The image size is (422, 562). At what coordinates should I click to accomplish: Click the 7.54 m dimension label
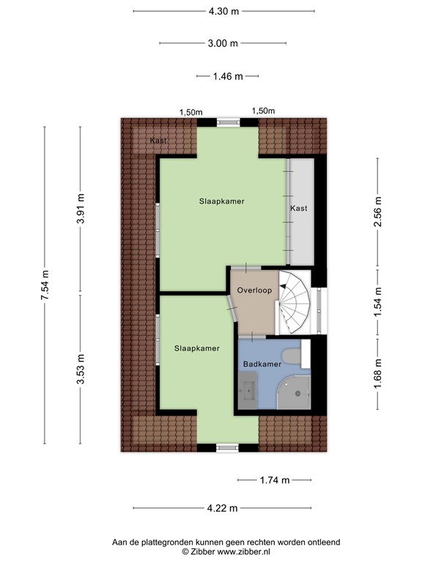(x=45, y=285)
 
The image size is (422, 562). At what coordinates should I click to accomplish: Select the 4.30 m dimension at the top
(x=223, y=11)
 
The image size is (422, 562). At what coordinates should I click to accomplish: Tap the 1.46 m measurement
(x=228, y=76)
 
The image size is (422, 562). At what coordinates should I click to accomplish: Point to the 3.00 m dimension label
(x=223, y=43)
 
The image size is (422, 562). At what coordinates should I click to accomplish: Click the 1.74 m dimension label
(x=275, y=480)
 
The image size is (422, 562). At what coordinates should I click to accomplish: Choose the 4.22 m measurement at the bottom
(x=223, y=508)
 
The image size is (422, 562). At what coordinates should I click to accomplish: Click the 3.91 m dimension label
(x=81, y=209)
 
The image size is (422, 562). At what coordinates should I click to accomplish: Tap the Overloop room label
(x=254, y=291)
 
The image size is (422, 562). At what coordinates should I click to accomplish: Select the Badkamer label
(x=262, y=364)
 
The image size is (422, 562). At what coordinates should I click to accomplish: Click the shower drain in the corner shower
(x=297, y=394)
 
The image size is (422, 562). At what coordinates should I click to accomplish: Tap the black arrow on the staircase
(x=283, y=285)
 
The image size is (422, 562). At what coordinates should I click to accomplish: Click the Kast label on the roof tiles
(x=158, y=140)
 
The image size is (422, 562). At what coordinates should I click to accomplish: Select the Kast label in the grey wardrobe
(x=299, y=209)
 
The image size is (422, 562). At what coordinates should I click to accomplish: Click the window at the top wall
(x=229, y=123)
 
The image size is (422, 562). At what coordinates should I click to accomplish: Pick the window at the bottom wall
(x=228, y=447)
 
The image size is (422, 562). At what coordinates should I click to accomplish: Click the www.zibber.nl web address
(x=244, y=551)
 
